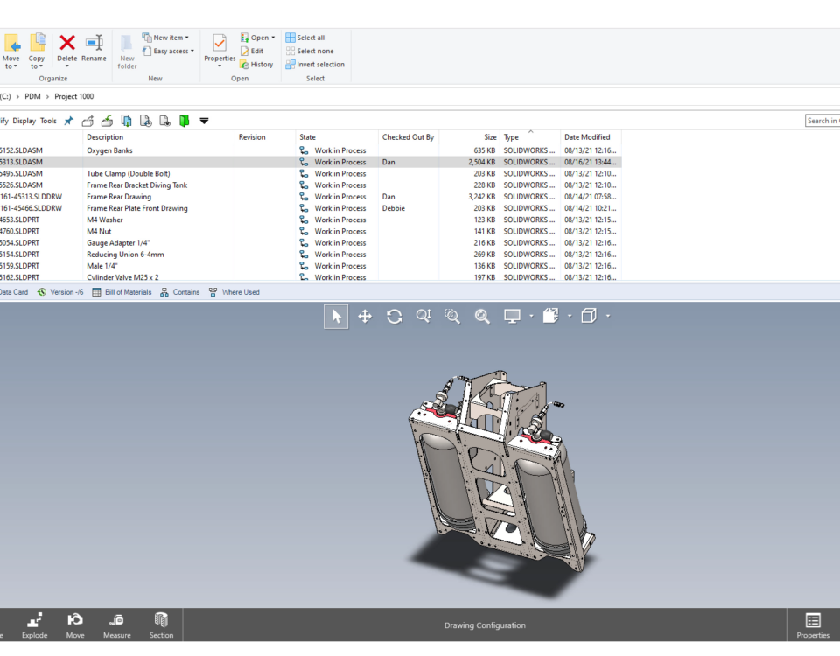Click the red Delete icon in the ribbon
point(67,43)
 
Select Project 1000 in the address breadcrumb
point(74,96)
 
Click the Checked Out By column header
point(408,137)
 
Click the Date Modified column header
point(587,137)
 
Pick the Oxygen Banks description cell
point(109,150)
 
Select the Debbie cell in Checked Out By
point(394,208)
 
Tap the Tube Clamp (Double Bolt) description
point(128,173)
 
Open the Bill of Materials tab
point(122,292)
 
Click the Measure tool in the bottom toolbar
point(116,625)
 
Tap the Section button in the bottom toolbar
point(161,625)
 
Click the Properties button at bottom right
point(812,625)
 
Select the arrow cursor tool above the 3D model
point(336,317)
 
